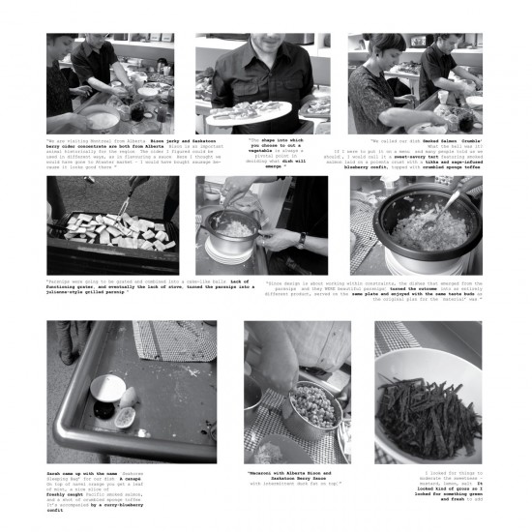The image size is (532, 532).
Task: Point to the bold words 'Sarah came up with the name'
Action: [x=79, y=474]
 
